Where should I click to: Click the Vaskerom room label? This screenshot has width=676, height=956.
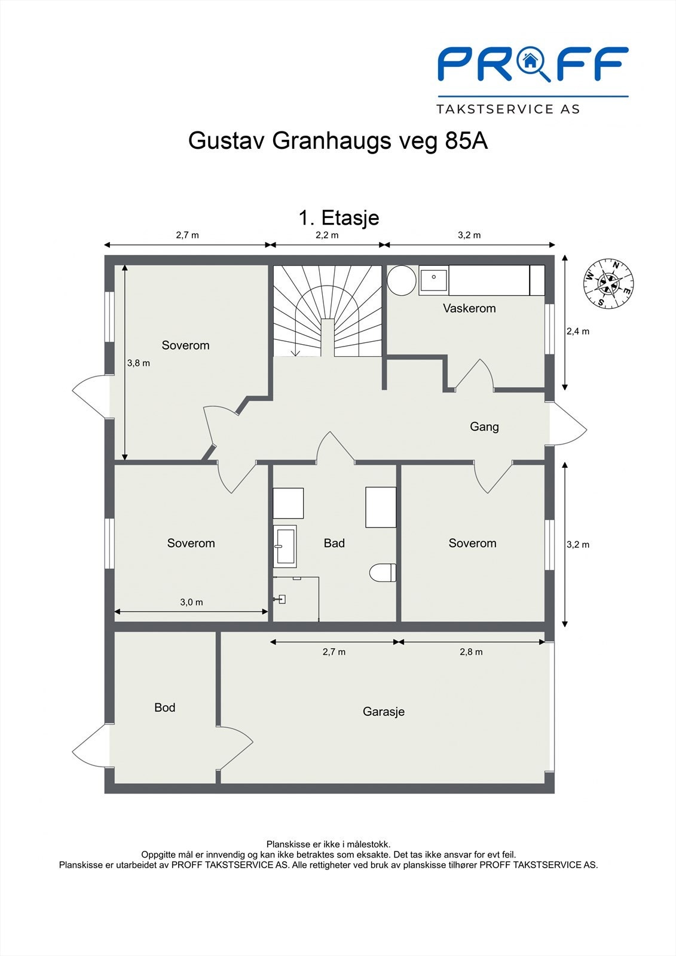point(469,308)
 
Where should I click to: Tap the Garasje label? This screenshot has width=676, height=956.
point(384,712)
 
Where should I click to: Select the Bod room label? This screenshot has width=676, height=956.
point(165,707)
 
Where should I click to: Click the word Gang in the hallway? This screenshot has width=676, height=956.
point(484,427)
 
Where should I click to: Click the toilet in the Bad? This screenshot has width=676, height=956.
point(383,572)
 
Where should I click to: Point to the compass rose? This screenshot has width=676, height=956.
point(609,284)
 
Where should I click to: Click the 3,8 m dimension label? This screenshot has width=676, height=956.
point(139,363)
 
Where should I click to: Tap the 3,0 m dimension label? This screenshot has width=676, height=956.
point(191,602)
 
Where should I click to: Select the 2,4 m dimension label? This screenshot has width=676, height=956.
point(578,331)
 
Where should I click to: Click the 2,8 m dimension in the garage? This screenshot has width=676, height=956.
point(471,652)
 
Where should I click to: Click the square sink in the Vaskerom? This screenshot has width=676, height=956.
point(433,280)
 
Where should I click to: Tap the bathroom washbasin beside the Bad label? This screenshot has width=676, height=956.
point(285,546)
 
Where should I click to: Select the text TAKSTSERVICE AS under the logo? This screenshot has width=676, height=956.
point(508,109)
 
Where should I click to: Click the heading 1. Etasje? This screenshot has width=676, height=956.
point(339,217)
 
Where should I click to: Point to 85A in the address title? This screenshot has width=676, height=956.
point(466,141)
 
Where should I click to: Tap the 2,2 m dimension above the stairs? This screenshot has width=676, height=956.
point(327,235)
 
